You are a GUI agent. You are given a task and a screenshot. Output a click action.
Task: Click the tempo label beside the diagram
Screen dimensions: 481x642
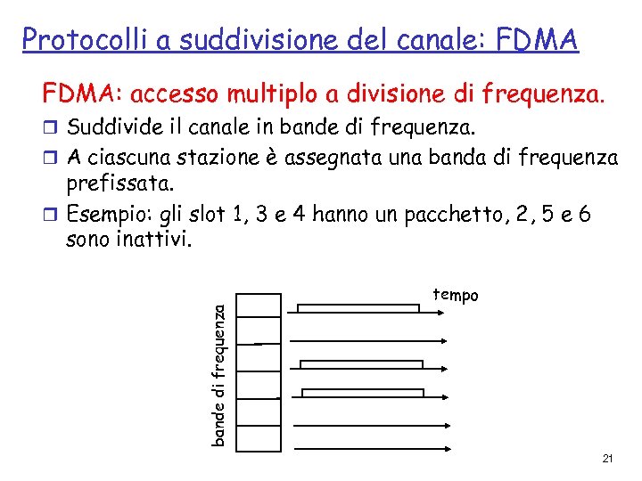[x=456, y=295]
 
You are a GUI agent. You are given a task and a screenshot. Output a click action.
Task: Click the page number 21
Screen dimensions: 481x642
[x=607, y=459]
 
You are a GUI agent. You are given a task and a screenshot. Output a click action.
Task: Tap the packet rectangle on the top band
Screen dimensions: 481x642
[x=358, y=308]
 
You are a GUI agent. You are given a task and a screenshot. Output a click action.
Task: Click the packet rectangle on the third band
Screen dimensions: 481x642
[x=361, y=363]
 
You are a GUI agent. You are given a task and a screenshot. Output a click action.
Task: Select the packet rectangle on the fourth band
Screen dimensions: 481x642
[x=362, y=393]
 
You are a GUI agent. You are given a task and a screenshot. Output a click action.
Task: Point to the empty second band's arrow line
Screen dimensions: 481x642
[x=366, y=339]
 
